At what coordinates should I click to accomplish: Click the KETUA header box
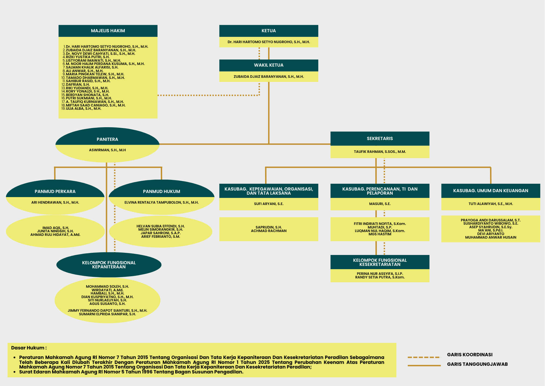pyautogui.click(x=269, y=31)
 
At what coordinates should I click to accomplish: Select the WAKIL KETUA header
pyautogui.click(x=269, y=65)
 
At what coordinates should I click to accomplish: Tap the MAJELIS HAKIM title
pyautogui.click(x=108, y=31)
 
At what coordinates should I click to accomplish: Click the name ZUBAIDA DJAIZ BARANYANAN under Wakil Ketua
pyautogui.click(x=269, y=77)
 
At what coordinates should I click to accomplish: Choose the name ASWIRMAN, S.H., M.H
pyautogui.click(x=107, y=150)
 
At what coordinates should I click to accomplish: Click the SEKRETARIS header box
pyautogui.click(x=380, y=139)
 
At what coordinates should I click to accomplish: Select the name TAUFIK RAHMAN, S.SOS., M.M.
pyautogui.click(x=380, y=152)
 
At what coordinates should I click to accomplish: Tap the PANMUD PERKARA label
pyautogui.click(x=55, y=192)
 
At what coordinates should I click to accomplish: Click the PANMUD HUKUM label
pyautogui.click(x=162, y=192)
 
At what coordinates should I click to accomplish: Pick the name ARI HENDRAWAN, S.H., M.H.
pyautogui.click(x=55, y=203)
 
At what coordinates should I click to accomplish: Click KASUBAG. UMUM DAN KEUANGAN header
pyautogui.click(x=491, y=191)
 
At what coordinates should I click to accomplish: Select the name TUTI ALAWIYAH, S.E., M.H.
pyautogui.click(x=491, y=204)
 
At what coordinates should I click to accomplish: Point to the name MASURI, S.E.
pyautogui.click(x=380, y=204)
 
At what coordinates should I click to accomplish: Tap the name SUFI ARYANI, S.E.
pyautogui.click(x=269, y=204)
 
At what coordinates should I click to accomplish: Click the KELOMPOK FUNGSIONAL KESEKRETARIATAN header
pyautogui.click(x=380, y=262)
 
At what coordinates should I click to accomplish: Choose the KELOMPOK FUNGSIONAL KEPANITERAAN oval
pyautogui.click(x=109, y=265)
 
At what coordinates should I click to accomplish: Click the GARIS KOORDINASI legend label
pyautogui.click(x=470, y=355)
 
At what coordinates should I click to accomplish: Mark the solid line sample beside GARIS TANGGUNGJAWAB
pyautogui.click(x=424, y=365)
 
